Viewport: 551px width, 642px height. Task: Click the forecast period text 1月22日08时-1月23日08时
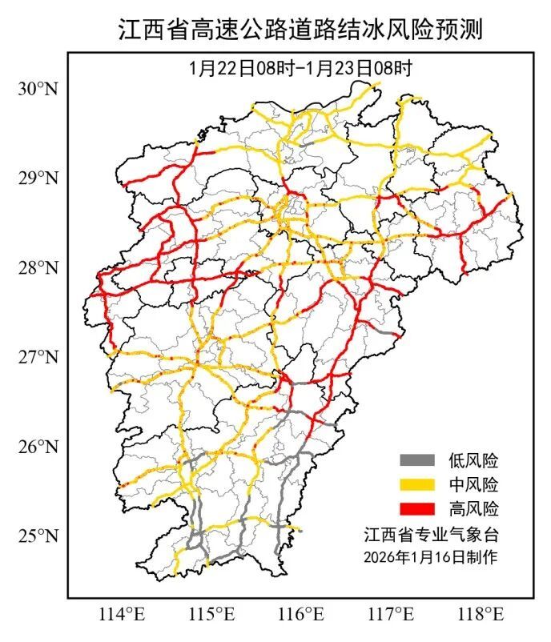click(x=300, y=68)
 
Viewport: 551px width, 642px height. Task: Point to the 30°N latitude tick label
click(x=38, y=89)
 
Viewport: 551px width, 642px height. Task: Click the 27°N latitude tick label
click(x=38, y=355)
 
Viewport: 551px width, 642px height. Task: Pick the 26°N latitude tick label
click(x=38, y=446)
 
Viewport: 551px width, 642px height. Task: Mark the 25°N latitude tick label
click(x=38, y=535)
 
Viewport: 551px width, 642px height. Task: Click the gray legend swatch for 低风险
click(x=416, y=460)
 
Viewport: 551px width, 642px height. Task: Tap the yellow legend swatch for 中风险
click(x=416, y=484)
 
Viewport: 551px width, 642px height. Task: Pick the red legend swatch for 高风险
click(x=416, y=508)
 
